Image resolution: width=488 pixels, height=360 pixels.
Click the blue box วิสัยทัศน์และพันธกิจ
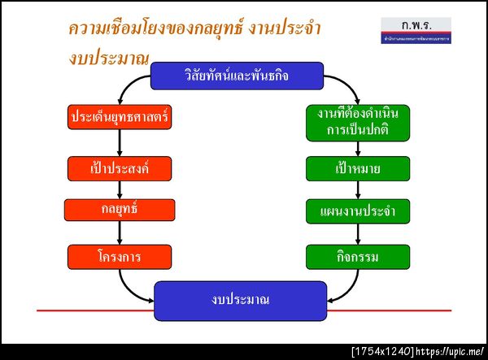[x=237, y=77]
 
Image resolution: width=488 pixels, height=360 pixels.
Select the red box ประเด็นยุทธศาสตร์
[x=120, y=117]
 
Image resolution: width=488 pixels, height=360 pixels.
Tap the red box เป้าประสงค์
[x=120, y=168]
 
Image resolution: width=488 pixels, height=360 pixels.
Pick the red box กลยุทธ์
[x=120, y=210]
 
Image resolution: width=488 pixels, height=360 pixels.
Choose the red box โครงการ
[x=120, y=257]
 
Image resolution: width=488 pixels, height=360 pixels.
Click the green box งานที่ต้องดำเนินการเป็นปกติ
[x=358, y=121]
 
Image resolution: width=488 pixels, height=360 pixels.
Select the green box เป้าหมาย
[x=358, y=169]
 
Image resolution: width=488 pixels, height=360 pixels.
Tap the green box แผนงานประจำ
[x=358, y=211]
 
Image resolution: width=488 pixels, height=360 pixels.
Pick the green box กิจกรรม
[x=358, y=257]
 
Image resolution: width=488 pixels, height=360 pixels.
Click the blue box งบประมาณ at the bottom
[x=240, y=300]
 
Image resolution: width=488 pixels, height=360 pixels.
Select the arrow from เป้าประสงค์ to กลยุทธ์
[x=120, y=189]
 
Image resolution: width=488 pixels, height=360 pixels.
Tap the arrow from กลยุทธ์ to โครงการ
[x=120, y=233]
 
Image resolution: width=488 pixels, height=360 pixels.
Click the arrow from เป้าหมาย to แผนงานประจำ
[x=358, y=190]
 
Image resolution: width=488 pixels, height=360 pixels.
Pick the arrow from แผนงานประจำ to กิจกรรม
[x=358, y=234]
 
